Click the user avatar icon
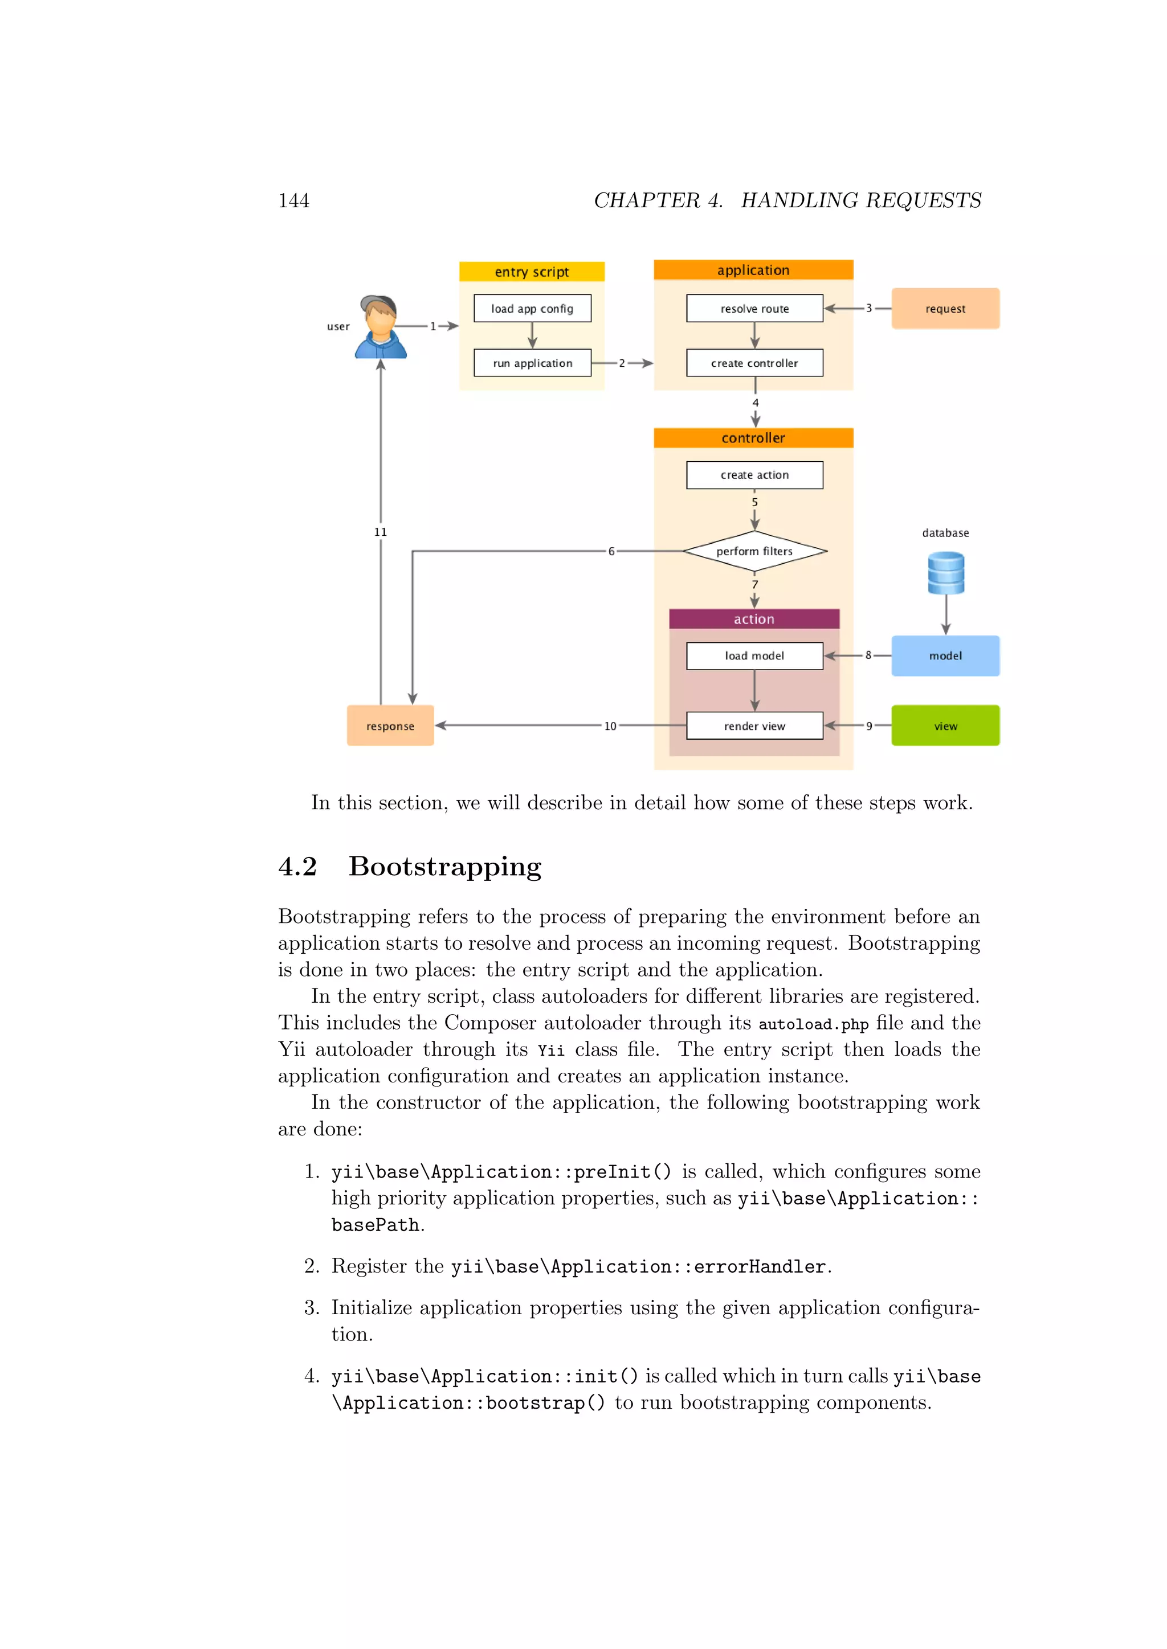point(380,327)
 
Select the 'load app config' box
point(532,308)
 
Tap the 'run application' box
point(532,363)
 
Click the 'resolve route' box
point(754,308)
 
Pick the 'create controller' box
point(754,363)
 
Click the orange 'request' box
point(945,309)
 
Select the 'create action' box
point(754,475)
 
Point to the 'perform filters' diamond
point(754,551)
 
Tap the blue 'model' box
point(945,656)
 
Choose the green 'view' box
point(945,725)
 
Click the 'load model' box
point(754,656)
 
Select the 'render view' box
point(754,725)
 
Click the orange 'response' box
point(390,725)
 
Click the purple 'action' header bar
point(754,619)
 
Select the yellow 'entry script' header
point(532,272)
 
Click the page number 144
point(294,200)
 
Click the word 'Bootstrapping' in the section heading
point(445,867)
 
